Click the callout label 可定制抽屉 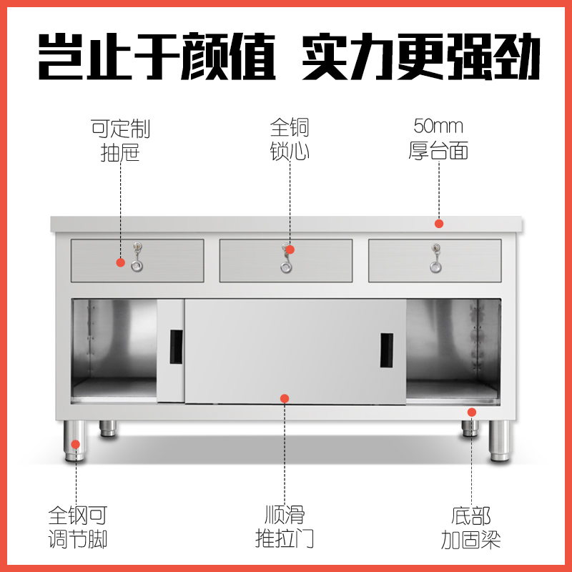120,140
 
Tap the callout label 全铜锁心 290,140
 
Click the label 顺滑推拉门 285,526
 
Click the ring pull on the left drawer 137,266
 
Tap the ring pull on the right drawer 435,266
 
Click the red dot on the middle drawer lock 290,250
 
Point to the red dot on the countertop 439,224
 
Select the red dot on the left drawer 120,262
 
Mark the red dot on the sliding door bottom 285,398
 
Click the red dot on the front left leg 75,444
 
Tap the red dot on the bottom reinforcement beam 472,412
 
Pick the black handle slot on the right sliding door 386,350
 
